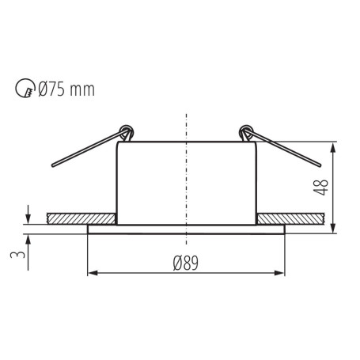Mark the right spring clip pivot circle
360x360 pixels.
tap(246, 130)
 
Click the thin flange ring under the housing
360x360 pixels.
tap(185, 229)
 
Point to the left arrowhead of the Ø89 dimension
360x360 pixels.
tap(90, 274)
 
